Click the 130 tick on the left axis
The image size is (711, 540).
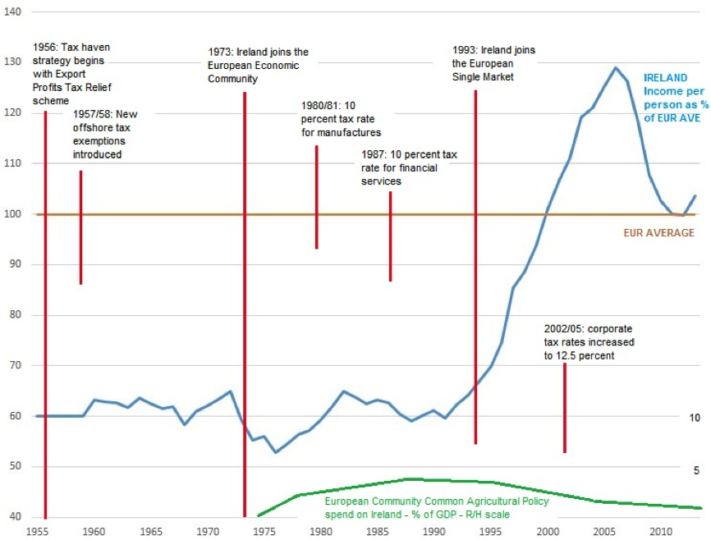pyautogui.click(x=12, y=62)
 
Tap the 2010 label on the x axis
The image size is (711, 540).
pyautogui.click(x=660, y=531)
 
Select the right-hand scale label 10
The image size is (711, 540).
pyautogui.click(x=694, y=418)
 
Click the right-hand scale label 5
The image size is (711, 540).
pyautogui.click(x=696, y=470)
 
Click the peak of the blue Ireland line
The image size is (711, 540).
pyautogui.click(x=615, y=67)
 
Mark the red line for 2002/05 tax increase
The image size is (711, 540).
pyautogui.click(x=565, y=408)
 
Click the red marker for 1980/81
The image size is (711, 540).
pyautogui.click(x=316, y=197)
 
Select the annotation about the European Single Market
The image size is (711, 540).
pyautogui.click(x=493, y=63)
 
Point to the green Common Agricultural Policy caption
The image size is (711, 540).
pyautogui.click(x=417, y=508)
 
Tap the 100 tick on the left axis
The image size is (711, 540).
pyautogui.click(x=12, y=214)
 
